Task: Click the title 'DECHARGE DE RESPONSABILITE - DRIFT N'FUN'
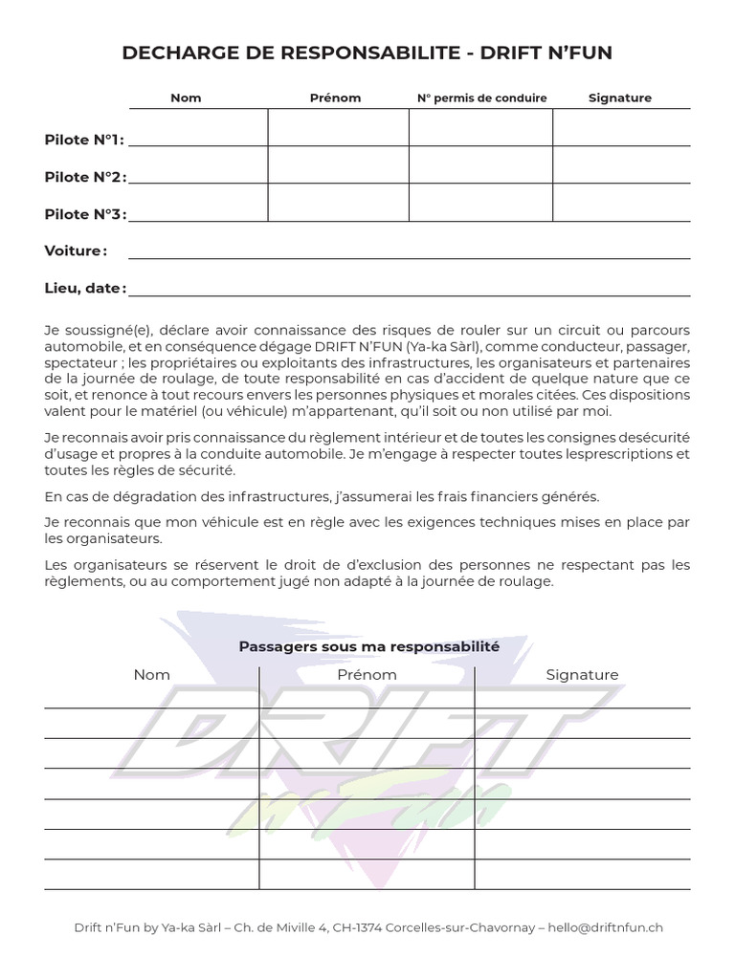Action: [x=367, y=54]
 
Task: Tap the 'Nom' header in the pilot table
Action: [x=186, y=98]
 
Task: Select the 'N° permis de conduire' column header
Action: [x=481, y=98]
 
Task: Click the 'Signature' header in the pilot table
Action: [x=620, y=98]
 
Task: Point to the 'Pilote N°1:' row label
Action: [x=84, y=140]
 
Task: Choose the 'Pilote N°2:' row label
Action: [x=85, y=177]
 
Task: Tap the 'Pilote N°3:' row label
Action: [x=85, y=214]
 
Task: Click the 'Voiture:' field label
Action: [x=76, y=250]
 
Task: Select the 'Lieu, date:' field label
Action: [x=85, y=288]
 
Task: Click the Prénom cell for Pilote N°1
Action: [x=338, y=128]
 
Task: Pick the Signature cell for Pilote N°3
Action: [x=621, y=203]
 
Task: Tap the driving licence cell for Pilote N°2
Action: [x=480, y=165]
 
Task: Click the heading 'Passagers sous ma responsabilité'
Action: [x=368, y=646]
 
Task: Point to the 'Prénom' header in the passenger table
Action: [x=367, y=675]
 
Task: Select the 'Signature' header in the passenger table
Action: [x=582, y=675]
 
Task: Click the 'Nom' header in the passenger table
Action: [x=152, y=675]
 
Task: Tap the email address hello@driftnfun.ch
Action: [x=608, y=927]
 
